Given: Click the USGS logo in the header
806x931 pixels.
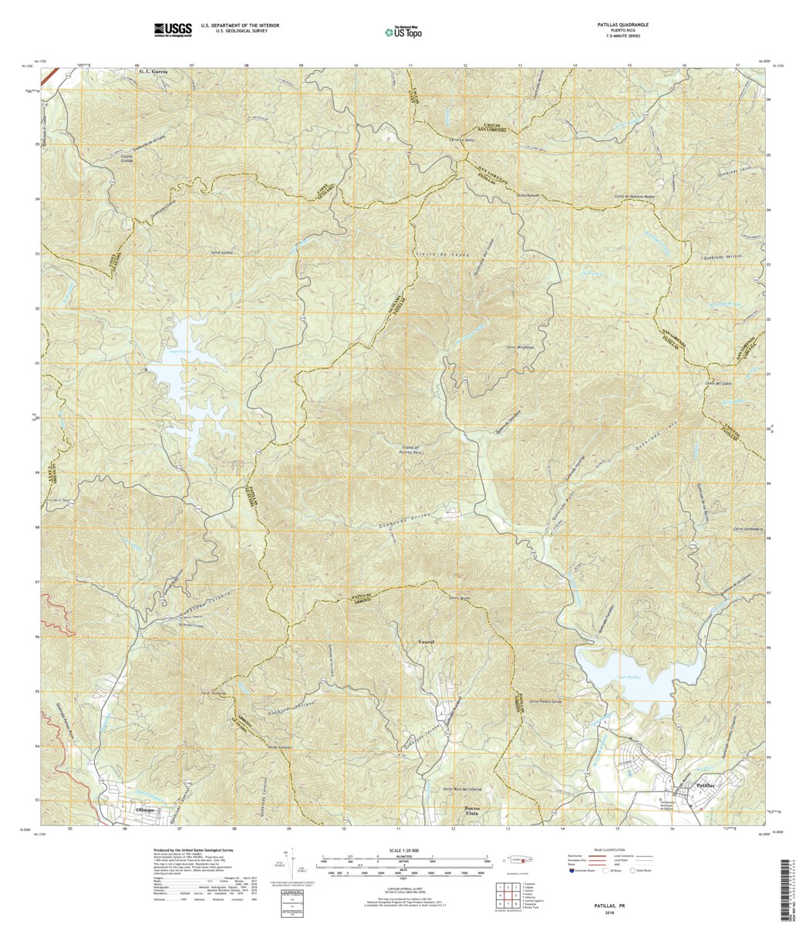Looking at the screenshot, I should pos(173,29).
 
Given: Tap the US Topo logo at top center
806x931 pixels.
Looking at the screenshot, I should pos(403,32).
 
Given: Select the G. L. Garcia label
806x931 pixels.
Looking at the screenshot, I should pos(149,71).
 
